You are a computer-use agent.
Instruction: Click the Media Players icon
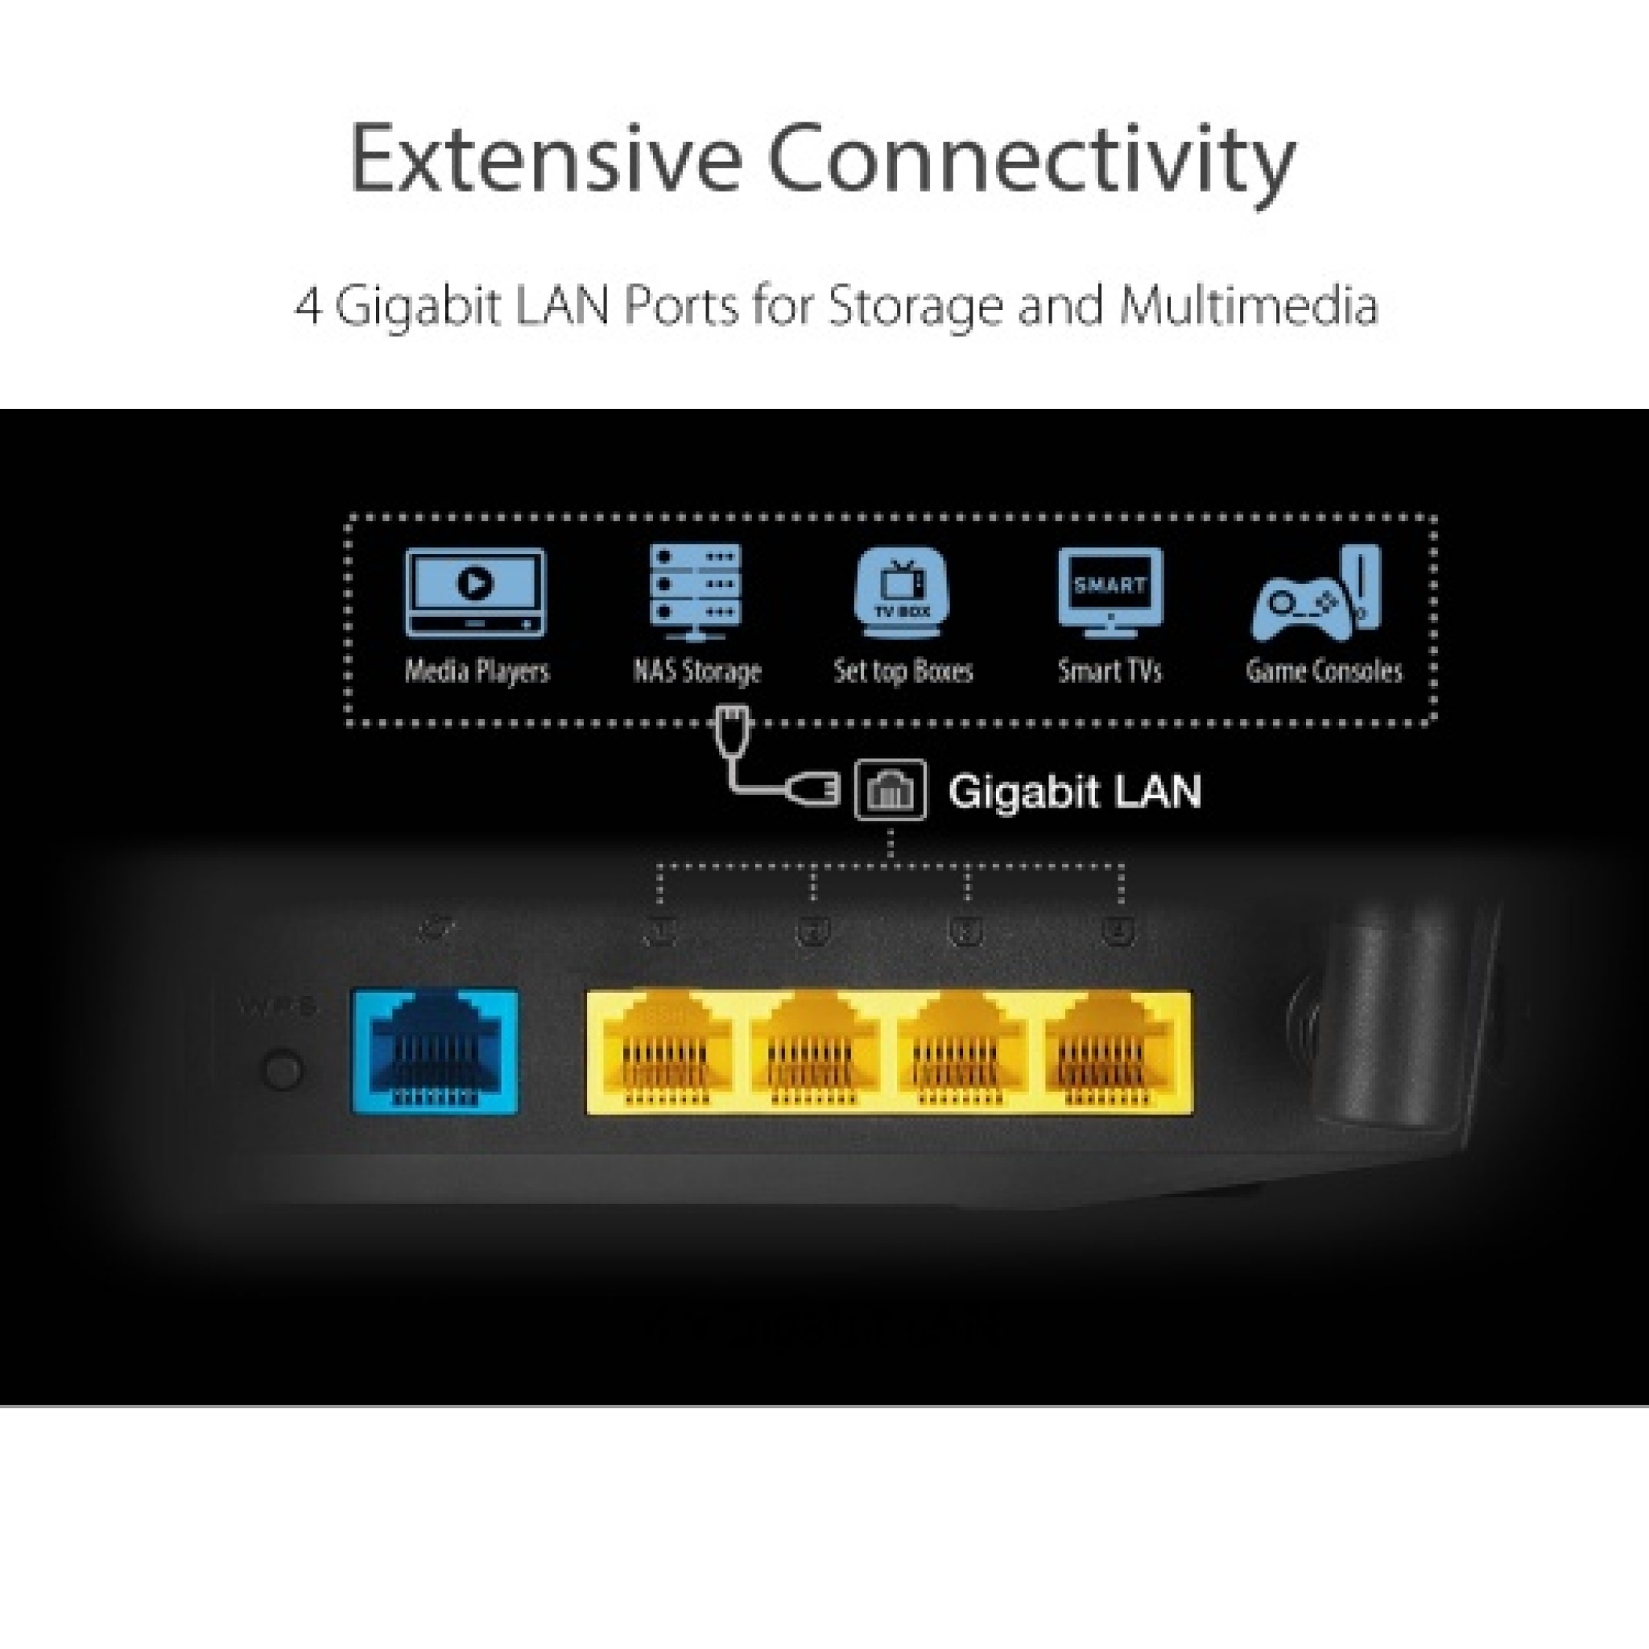[x=475, y=593]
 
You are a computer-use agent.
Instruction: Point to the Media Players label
[x=477, y=671]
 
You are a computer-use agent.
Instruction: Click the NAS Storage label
[x=696, y=671]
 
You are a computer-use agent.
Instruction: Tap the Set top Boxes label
[x=903, y=671]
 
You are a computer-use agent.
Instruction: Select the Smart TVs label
[x=1110, y=671]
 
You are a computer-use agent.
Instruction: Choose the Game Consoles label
[x=1324, y=671]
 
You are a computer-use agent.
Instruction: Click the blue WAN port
[x=436, y=1052]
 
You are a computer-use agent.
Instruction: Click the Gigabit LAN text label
[x=1075, y=791]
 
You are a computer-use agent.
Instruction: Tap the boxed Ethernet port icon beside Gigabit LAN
[x=891, y=791]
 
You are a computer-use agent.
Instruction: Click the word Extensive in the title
[x=545, y=159]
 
